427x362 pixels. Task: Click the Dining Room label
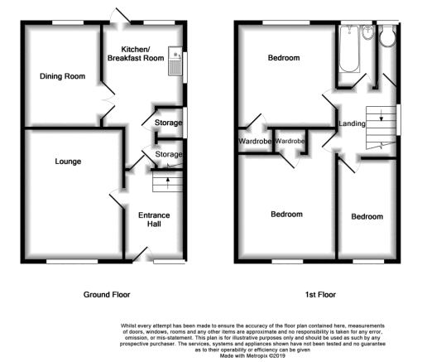click(62, 76)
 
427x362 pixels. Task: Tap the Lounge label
click(68, 162)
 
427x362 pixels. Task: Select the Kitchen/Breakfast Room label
click(136, 54)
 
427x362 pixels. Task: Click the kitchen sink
click(175, 60)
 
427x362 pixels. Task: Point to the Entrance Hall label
click(154, 220)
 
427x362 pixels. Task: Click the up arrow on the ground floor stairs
click(168, 183)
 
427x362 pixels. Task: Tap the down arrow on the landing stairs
click(381, 115)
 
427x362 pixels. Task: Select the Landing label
click(352, 123)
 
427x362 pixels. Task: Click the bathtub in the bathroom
click(349, 49)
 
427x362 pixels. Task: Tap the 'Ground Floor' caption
click(107, 295)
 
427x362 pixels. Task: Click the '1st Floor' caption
click(320, 295)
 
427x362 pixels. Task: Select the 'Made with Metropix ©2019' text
click(252, 356)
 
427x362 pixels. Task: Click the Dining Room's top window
click(68, 22)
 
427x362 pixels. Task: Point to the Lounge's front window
click(72, 261)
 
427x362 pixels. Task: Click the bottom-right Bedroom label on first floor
click(367, 216)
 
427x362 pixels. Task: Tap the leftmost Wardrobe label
click(255, 142)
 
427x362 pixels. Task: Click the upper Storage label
click(168, 123)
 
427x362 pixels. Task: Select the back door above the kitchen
click(121, 16)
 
